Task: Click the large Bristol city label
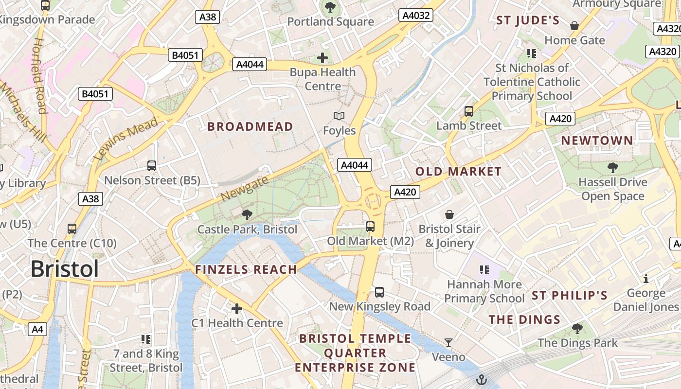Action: pos(65,269)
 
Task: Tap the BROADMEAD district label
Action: pos(250,127)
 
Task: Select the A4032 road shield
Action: pos(416,16)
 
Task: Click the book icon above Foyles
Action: pos(339,116)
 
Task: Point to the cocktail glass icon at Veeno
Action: pos(448,343)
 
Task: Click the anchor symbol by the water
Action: pos(482,379)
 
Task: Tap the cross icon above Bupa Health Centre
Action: pos(322,58)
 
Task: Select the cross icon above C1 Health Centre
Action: pos(237,309)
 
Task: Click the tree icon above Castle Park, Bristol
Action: pos(247,214)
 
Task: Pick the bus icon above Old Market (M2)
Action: pos(370,227)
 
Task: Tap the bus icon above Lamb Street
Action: pos(469,111)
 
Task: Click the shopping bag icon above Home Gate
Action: pos(574,26)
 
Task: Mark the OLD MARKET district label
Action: pos(458,171)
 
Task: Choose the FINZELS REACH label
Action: pos(246,269)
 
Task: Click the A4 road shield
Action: pos(37,329)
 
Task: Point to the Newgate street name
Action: pos(244,189)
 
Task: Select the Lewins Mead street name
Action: pos(125,139)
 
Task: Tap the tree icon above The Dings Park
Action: pos(577,329)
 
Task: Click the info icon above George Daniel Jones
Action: pos(646,279)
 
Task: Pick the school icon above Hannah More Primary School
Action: pos(484,270)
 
